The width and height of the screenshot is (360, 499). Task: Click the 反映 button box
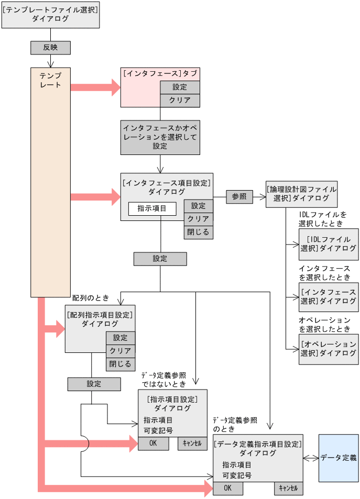(50, 48)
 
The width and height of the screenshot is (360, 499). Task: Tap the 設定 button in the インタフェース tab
(179, 87)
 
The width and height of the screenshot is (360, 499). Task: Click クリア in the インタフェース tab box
(179, 100)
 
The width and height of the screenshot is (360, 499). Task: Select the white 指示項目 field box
(152, 208)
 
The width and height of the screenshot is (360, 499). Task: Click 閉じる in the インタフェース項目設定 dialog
(199, 232)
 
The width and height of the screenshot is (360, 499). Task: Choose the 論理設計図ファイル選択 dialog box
(301, 193)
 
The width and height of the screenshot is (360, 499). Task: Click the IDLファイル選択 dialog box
(329, 244)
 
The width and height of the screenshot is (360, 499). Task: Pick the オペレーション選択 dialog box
(329, 349)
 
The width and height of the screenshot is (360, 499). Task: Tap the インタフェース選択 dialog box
(329, 296)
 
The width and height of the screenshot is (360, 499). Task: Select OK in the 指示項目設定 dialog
(153, 443)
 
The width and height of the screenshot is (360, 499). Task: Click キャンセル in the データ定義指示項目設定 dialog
(288, 488)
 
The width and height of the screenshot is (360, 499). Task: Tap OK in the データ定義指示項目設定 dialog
(227, 488)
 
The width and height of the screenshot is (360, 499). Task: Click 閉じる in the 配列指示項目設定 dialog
(120, 364)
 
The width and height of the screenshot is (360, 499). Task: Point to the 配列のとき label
(90, 298)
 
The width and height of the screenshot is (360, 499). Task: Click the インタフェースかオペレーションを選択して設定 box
(160, 137)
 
